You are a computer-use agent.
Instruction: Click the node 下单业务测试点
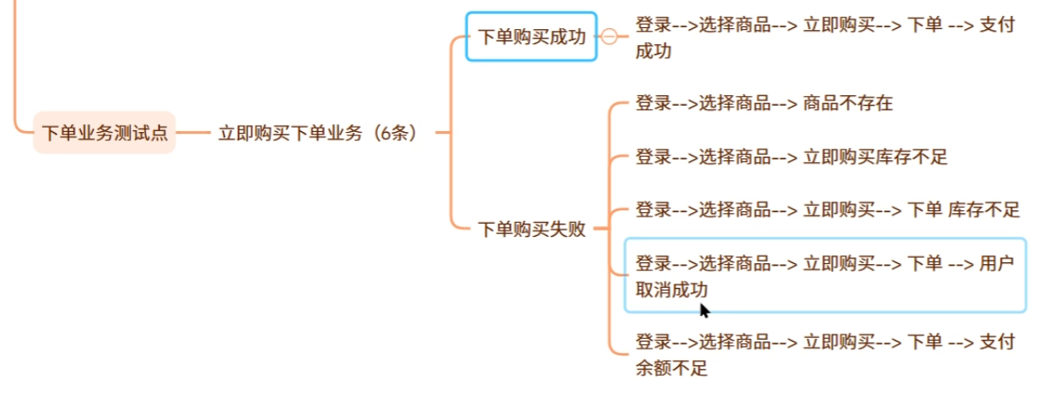[105, 134]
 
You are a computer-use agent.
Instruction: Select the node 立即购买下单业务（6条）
[318, 134]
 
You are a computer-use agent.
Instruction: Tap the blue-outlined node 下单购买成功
[531, 37]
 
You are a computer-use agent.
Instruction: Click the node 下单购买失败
[531, 230]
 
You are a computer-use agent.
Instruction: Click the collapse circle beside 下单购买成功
[609, 36]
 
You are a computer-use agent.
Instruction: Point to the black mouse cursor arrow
[704, 310]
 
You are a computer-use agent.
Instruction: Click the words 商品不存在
[848, 104]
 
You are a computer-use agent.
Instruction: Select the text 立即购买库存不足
[875, 158]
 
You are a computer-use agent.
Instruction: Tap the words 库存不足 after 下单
[984, 210]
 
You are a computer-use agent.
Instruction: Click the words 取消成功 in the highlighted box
[672, 290]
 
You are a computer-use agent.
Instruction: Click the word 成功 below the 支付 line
[653, 51]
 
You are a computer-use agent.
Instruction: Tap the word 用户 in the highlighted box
[996, 263]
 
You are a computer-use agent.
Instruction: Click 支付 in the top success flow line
[996, 25]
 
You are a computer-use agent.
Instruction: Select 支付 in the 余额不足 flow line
[996, 342]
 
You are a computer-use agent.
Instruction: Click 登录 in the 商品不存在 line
[653, 104]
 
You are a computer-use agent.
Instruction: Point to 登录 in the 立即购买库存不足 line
[653, 158]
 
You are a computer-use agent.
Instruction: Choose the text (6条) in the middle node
[393, 134]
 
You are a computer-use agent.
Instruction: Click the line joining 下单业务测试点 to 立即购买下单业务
[195, 133]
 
